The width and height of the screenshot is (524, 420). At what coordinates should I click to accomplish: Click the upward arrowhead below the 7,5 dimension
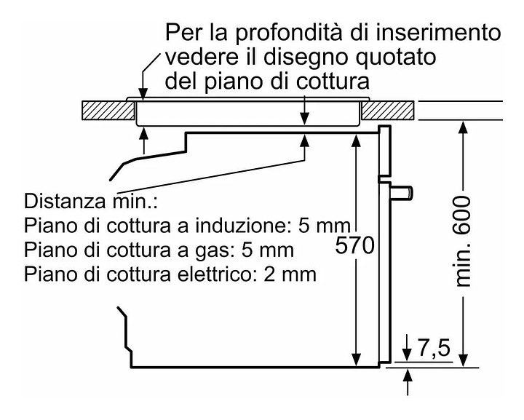click(408, 375)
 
